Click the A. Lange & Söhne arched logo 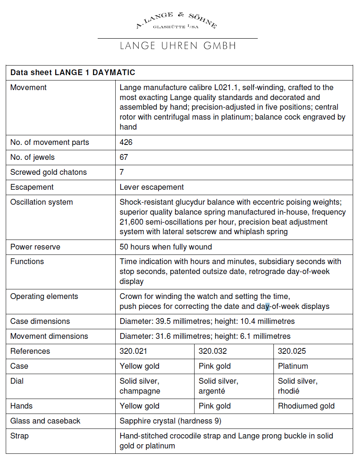point(177,21)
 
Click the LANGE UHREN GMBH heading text point(178,46)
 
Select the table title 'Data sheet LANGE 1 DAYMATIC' point(73,72)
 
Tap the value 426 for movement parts point(126,142)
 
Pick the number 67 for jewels point(124,157)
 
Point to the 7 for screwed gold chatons point(122,172)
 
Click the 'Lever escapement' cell point(152,187)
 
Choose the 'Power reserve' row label point(35,247)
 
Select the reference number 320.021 point(133,351)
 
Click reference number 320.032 point(213,351)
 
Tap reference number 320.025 point(292,351)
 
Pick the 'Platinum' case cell point(293,366)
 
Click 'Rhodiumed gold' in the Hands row point(306,406)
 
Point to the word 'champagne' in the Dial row point(140,391)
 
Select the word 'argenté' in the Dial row point(212,391)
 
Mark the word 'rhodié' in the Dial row point(289,391)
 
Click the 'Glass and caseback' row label point(45,421)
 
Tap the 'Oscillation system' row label point(41,202)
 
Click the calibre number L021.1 point(216,87)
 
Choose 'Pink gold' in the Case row point(214,366)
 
